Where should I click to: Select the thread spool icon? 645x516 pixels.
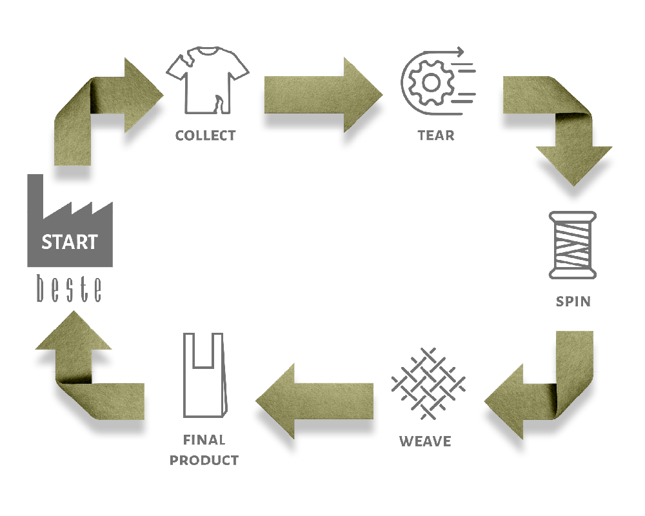click(572, 246)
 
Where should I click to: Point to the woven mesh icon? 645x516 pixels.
click(428, 386)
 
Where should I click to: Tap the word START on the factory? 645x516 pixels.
click(70, 243)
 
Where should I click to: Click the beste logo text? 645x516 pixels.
click(69, 289)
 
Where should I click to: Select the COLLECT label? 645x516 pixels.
click(206, 136)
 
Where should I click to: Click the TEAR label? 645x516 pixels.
click(436, 136)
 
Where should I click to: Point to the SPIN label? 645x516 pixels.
click(573, 301)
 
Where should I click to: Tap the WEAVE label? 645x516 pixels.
click(425, 442)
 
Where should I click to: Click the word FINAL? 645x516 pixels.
click(204, 441)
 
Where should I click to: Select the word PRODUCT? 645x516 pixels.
click(204, 461)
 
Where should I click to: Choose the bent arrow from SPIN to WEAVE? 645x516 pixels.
click(548, 387)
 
